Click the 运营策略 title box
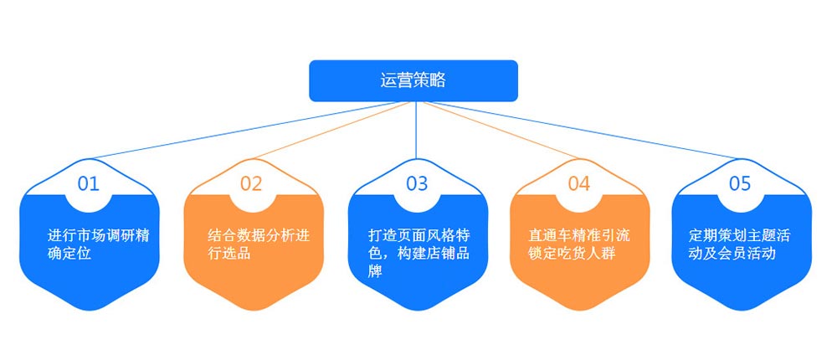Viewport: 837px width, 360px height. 413,80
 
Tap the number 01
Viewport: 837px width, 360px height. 89,183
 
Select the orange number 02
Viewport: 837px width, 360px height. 251,183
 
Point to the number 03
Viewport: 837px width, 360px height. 416,183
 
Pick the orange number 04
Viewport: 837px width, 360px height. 579,183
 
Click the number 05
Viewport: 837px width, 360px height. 740,183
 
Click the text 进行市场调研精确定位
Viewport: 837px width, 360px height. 99,244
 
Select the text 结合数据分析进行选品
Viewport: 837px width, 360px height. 259,244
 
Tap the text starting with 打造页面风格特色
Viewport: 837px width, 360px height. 419,253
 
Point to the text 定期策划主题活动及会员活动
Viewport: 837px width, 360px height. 740,244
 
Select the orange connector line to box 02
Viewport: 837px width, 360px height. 332,131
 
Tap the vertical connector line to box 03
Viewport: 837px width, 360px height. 416,131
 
